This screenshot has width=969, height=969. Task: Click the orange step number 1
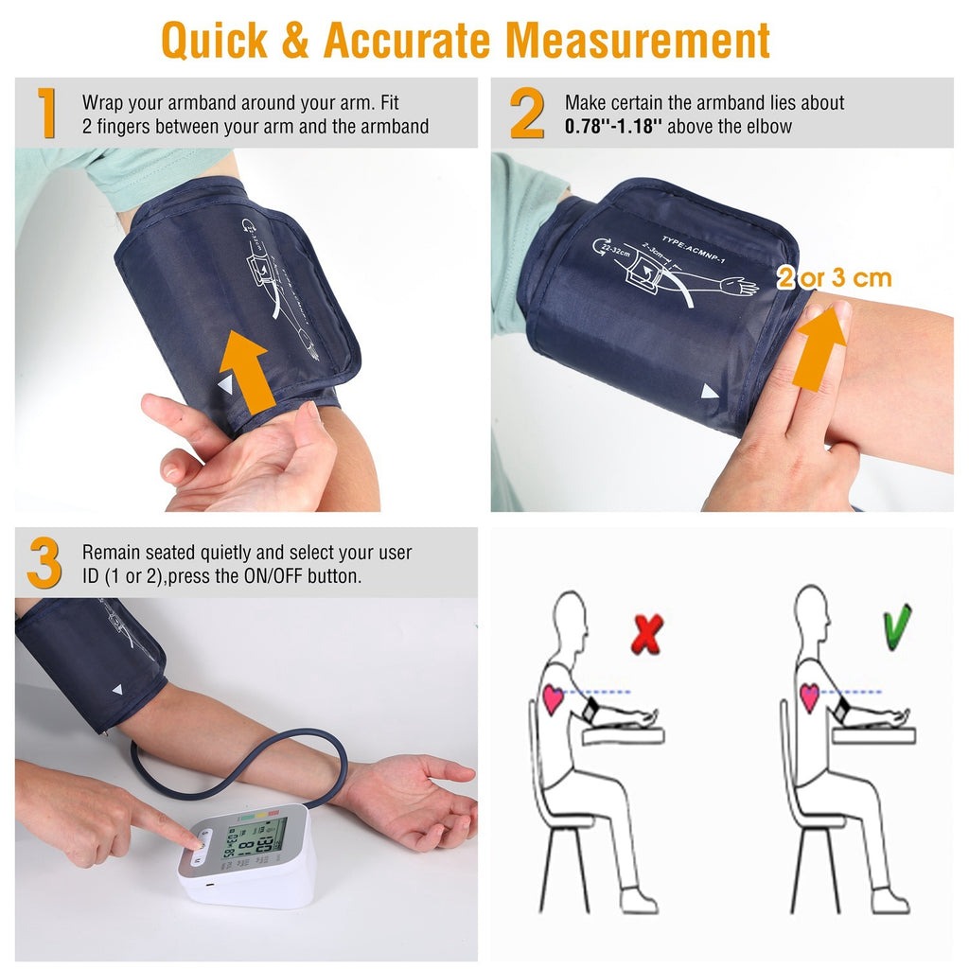[45, 114]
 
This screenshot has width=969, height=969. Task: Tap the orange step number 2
[527, 114]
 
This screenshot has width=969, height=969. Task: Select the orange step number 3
[44, 564]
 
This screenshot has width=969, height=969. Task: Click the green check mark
[897, 626]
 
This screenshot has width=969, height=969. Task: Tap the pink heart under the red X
[553, 698]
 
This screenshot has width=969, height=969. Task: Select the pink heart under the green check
[809, 697]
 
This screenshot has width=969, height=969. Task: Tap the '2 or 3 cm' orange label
[835, 278]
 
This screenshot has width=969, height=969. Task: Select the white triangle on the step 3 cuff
[116, 691]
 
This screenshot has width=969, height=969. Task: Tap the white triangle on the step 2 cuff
[709, 391]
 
